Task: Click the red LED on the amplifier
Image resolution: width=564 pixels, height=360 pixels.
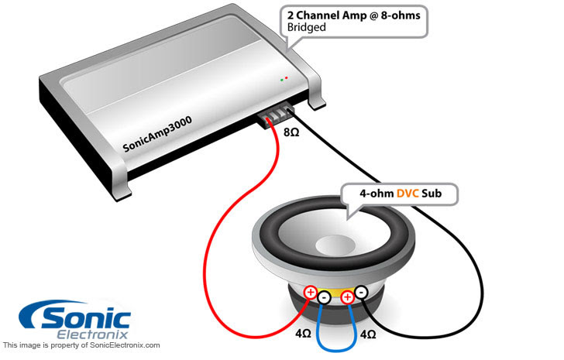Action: point(287,77)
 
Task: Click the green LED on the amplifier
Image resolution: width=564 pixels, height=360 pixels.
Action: point(282,80)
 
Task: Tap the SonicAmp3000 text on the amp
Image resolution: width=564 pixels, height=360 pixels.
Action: point(157,134)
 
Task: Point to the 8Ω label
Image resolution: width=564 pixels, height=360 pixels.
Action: point(291,132)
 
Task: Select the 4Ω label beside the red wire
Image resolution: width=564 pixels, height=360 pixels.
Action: point(303,334)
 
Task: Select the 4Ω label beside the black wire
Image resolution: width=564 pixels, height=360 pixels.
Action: point(368,334)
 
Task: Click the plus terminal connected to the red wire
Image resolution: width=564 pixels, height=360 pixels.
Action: point(311,292)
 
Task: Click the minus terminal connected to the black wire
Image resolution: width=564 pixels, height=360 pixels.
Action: point(361,292)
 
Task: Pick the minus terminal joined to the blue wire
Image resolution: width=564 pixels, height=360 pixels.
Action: point(325,297)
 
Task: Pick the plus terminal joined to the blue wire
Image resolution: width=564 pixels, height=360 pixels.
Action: point(347,297)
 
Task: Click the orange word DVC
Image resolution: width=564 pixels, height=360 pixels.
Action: point(408,194)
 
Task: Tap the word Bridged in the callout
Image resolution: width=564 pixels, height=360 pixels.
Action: point(307,27)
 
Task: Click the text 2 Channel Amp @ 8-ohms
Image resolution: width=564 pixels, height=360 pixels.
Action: point(353,15)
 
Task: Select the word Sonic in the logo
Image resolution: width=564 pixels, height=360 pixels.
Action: point(86,317)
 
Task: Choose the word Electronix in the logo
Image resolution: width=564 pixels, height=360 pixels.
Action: point(92,334)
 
